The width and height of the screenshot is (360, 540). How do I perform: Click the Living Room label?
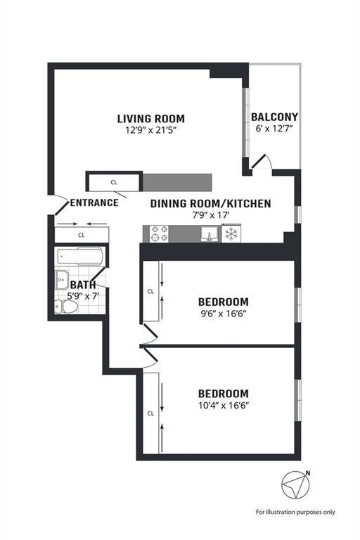151,119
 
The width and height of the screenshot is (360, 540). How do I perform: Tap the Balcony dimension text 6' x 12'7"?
274,129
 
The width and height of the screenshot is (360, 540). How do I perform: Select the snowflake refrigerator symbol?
231,234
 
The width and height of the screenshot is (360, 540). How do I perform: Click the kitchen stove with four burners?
159,234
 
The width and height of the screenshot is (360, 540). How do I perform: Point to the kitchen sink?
210,234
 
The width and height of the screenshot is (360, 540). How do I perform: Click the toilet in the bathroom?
66,306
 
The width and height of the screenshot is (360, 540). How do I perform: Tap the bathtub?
80,256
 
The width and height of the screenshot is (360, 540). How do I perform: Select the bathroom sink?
62,280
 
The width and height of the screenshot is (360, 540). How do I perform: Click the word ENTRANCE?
94,202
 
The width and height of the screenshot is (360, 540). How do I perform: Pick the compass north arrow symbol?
295,484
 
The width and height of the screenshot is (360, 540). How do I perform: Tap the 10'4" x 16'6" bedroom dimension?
224,406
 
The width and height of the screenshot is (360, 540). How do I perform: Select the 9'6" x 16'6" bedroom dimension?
224,314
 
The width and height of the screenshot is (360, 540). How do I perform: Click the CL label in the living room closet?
114,182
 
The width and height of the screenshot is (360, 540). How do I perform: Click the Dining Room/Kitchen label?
210,203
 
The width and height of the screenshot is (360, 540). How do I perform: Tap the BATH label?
83,285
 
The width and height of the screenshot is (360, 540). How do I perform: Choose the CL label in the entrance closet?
82,236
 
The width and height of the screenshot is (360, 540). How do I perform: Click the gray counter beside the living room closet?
177,182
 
